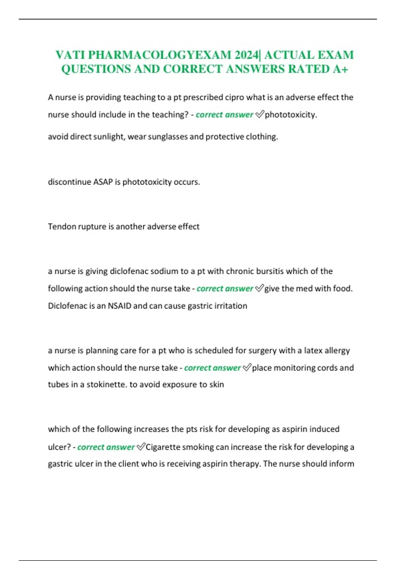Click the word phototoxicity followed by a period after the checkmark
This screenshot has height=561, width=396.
(290, 115)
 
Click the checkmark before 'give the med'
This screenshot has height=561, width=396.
(259, 288)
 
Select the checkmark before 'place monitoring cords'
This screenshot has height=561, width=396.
(247, 368)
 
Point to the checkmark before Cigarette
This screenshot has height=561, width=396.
(141, 447)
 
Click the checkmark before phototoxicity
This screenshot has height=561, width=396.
(260, 115)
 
